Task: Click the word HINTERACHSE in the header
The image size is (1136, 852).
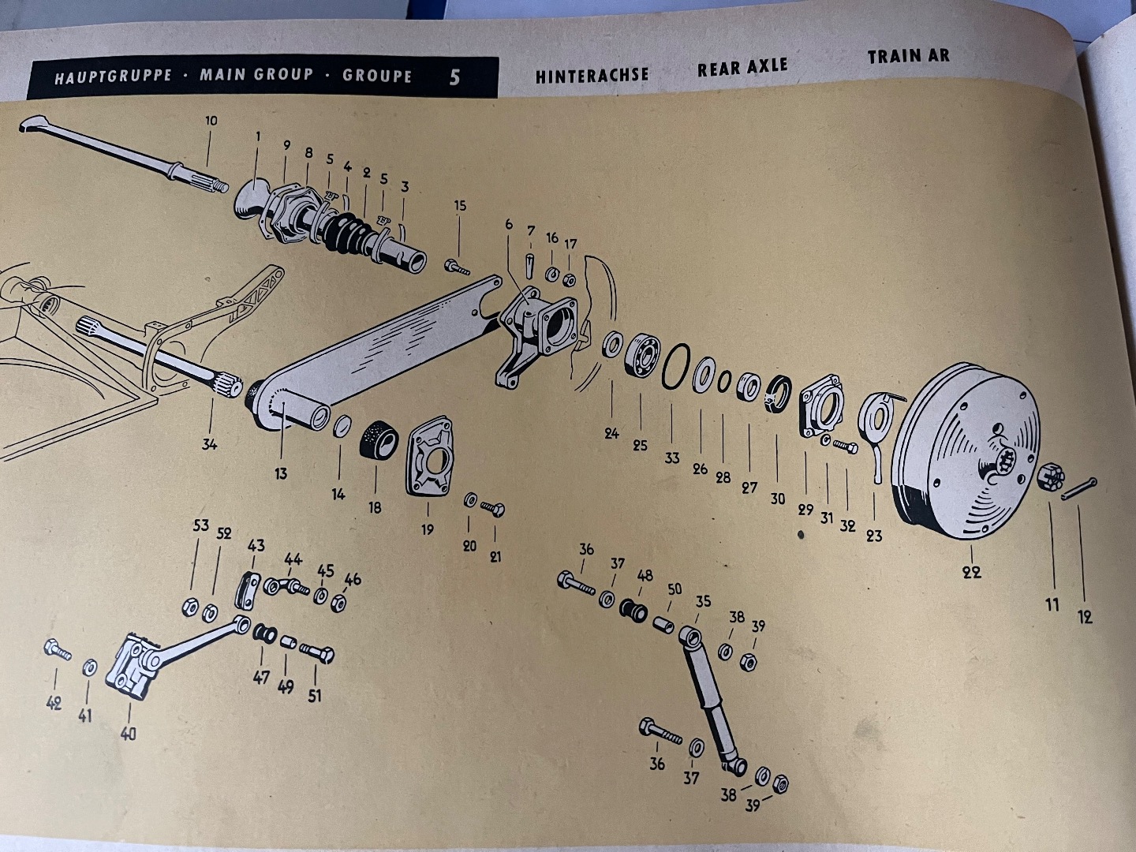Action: [x=592, y=75]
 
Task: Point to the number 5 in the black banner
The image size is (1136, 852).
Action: [x=454, y=77]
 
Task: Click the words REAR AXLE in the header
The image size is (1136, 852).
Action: [x=742, y=68]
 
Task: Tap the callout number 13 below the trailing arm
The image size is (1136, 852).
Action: [x=281, y=473]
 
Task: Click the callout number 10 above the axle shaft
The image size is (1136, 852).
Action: [x=211, y=121]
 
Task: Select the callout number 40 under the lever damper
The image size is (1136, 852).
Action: [x=128, y=734]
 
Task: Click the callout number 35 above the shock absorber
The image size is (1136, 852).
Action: [x=702, y=601]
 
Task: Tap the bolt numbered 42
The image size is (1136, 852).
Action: [x=58, y=652]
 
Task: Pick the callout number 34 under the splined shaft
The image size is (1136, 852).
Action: [x=209, y=443]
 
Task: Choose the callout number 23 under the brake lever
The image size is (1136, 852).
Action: [x=874, y=536]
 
